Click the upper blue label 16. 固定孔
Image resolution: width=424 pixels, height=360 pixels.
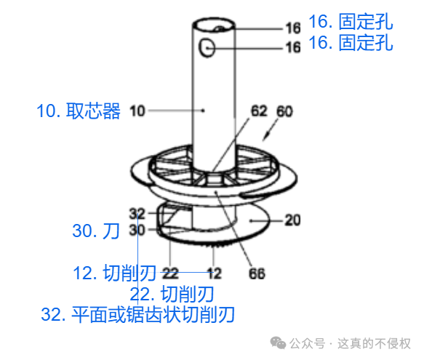[351, 22]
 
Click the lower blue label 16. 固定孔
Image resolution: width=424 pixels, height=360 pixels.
[351, 43]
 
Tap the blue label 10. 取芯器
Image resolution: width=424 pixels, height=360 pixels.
[79, 111]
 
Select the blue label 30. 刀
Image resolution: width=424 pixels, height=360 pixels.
[96, 231]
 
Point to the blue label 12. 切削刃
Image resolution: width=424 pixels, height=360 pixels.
[115, 273]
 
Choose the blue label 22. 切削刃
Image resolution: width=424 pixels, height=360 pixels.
[172, 294]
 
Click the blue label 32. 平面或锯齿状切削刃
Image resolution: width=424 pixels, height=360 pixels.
[138, 315]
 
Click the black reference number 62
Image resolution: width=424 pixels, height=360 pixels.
[259, 111]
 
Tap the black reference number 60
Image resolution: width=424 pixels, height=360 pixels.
[284, 111]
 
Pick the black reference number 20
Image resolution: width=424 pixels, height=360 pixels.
[292, 220]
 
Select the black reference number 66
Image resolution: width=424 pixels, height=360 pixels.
[257, 273]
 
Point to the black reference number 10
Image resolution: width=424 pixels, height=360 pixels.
[137, 111]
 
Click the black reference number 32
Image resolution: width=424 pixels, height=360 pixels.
[137, 214]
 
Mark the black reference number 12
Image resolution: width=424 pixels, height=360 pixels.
[215, 273]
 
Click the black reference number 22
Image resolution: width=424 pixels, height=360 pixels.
[170, 273]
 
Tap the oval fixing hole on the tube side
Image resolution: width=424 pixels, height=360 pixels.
[207, 47]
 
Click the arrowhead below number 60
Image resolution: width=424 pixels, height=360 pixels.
[265, 137]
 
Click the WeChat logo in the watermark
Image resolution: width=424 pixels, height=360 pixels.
[278, 343]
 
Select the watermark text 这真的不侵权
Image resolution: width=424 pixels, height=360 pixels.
[374, 343]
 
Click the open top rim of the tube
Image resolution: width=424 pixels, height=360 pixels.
[214, 18]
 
